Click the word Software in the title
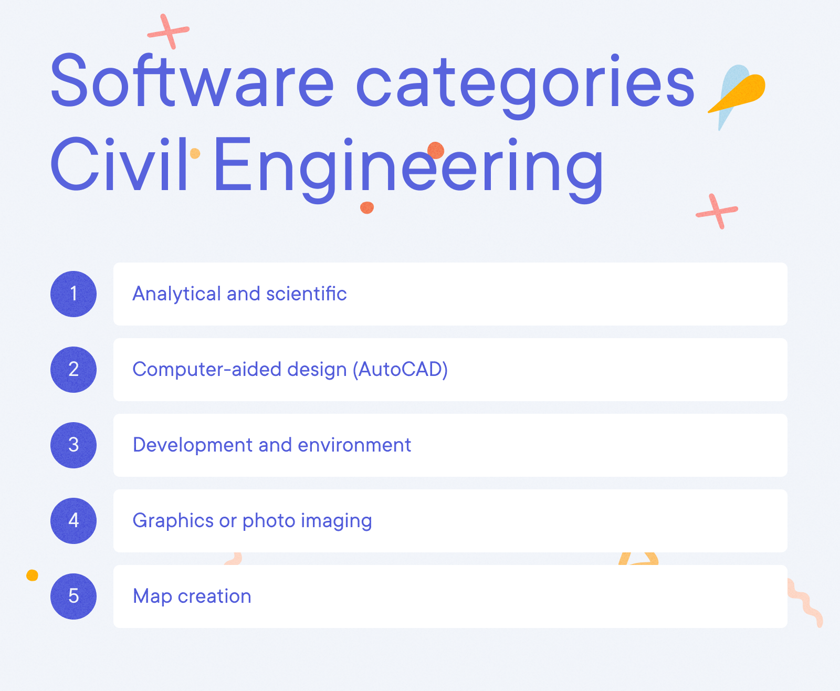[192, 81]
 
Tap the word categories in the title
[525, 84]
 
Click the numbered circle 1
[73, 294]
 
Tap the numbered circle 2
[73, 370]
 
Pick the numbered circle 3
[73, 445]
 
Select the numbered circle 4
[73, 521]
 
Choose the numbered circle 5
[73, 596]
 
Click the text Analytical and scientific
[239, 294]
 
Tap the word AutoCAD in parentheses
[400, 370]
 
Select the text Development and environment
[271, 445]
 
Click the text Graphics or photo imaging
[252, 521]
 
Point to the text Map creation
[192, 596]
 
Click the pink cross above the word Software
[169, 32]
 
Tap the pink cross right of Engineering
[717, 211]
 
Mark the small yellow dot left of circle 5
[32, 575]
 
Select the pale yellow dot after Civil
[195, 153]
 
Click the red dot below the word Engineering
[367, 207]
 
